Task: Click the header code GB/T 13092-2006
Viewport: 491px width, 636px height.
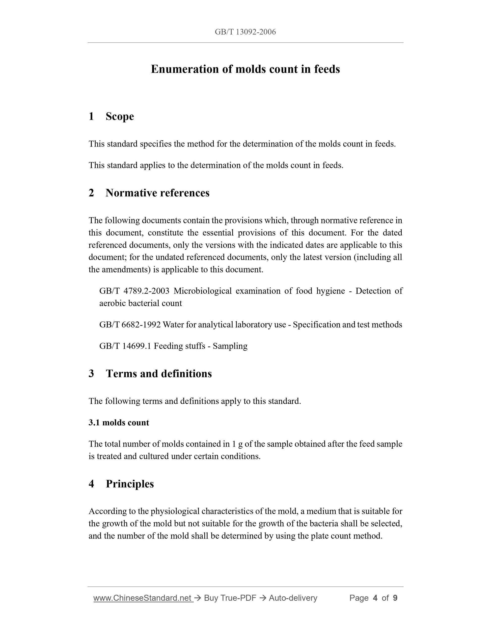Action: [x=245, y=32]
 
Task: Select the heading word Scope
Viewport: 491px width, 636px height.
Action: [x=120, y=116]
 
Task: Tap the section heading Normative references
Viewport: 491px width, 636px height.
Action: [x=157, y=193]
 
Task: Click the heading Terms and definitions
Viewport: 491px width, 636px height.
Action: [x=159, y=374]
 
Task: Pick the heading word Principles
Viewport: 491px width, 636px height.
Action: [x=130, y=484]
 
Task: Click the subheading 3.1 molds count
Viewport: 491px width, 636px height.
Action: [x=119, y=423]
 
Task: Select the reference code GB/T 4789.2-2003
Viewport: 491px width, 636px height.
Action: [x=134, y=291]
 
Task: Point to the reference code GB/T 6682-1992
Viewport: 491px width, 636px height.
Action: [x=130, y=325]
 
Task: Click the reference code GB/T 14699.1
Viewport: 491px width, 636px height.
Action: [x=125, y=346]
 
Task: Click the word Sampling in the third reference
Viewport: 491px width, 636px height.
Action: [x=230, y=346]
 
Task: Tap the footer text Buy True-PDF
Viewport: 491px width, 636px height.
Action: [x=230, y=598]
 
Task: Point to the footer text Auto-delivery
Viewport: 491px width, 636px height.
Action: [x=293, y=598]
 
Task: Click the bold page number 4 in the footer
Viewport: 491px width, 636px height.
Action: [x=375, y=598]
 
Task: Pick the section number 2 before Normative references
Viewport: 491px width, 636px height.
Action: [x=91, y=193]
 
